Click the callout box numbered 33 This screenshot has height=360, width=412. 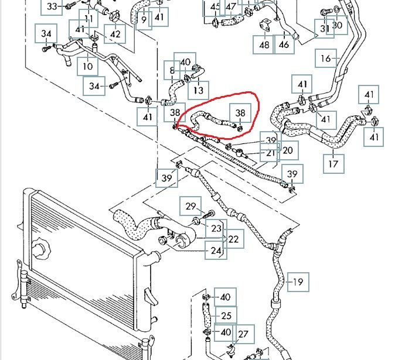pyautogui.click(x=52, y=6)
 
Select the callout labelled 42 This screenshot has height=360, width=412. pyautogui.click(x=115, y=35)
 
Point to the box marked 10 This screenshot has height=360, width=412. pyautogui.click(x=88, y=66)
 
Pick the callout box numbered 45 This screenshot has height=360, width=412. pyautogui.click(x=214, y=7)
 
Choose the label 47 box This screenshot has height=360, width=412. pyautogui.click(x=231, y=7)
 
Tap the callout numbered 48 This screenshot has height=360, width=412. pyautogui.click(x=264, y=44)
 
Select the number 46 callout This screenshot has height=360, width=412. pyautogui.click(x=284, y=44)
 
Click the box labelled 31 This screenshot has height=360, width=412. pyautogui.click(x=325, y=28)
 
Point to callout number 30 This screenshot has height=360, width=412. pyautogui.click(x=338, y=25)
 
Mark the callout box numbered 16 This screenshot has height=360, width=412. pyautogui.click(x=326, y=59)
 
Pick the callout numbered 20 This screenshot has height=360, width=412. pyautogui.click(x=287, y=150)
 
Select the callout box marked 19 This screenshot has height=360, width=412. pyautogui.click(x=298, y=282)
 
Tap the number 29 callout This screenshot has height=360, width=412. pyautogui.click(x=190, y=206)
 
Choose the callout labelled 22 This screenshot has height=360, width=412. pyautogui.click(x=233, y=239)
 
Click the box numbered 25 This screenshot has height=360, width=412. pyautogui.click(x=226, y=316)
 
